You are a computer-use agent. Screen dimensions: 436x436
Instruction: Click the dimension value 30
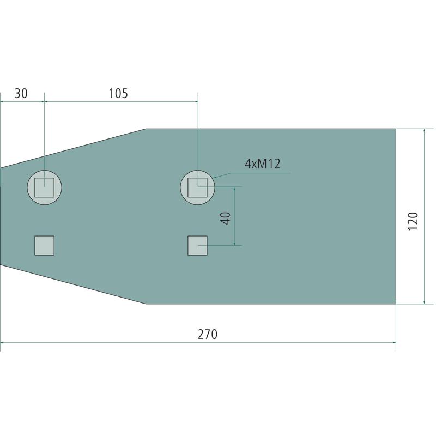click(x=21, y=93)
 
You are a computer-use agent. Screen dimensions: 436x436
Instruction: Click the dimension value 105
click(x=118, y=93)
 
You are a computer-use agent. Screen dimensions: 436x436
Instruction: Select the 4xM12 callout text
click(x=263, y=164)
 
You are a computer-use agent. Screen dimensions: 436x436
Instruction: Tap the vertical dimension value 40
click(x=226, y=219)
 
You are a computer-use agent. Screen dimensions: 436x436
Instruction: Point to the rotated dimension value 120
click(x=413, y=221)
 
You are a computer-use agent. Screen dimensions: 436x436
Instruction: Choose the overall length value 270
click(x=208, y=334)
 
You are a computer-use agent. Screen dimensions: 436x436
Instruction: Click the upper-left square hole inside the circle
click(x=45, y=187)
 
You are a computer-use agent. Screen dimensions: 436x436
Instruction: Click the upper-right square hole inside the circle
click(x=197, y=187)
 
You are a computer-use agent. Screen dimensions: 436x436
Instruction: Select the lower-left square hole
click(x=45, y=246)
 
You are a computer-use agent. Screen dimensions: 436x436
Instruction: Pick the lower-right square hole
click(x=197, y=246)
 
